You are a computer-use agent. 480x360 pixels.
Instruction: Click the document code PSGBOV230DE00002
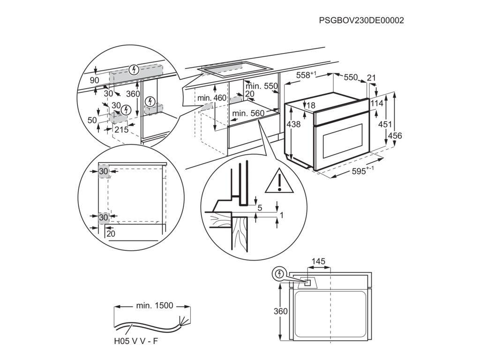pos(361,20)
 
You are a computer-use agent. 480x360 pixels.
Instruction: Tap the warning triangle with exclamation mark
pos(279,181)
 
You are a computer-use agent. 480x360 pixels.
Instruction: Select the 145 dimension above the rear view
pos(318,262)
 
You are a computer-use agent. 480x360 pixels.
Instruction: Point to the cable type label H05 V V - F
pos(136,341)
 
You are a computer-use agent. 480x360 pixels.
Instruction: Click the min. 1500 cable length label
pos(155,306)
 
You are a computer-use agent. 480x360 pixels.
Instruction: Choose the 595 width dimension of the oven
pos(362,171)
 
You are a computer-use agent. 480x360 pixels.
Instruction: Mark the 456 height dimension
pos(395,135)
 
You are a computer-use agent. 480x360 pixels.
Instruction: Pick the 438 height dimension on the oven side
pos(293,124)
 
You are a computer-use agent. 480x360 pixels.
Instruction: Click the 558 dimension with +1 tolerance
pos(306,75)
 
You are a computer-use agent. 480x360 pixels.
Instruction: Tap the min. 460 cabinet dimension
pos(212,98)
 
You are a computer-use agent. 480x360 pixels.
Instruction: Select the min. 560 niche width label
pos(248,113)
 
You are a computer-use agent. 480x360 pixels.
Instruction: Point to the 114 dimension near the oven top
pos(377,104)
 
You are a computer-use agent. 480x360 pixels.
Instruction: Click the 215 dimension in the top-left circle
pos(121,130)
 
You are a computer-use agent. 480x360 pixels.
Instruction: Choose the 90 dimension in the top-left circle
pos(95,80)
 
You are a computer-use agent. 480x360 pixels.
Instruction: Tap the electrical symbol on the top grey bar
pos(134,70)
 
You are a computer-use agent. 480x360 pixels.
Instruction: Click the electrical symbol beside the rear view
pos(279,274)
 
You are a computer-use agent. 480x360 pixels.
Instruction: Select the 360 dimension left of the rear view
pos(281,311)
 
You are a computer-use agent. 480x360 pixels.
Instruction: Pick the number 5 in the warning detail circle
pos(260,208)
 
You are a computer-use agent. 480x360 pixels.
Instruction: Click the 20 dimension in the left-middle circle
pos(111,233)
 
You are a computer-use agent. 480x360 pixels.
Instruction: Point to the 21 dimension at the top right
pos(371,78)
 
